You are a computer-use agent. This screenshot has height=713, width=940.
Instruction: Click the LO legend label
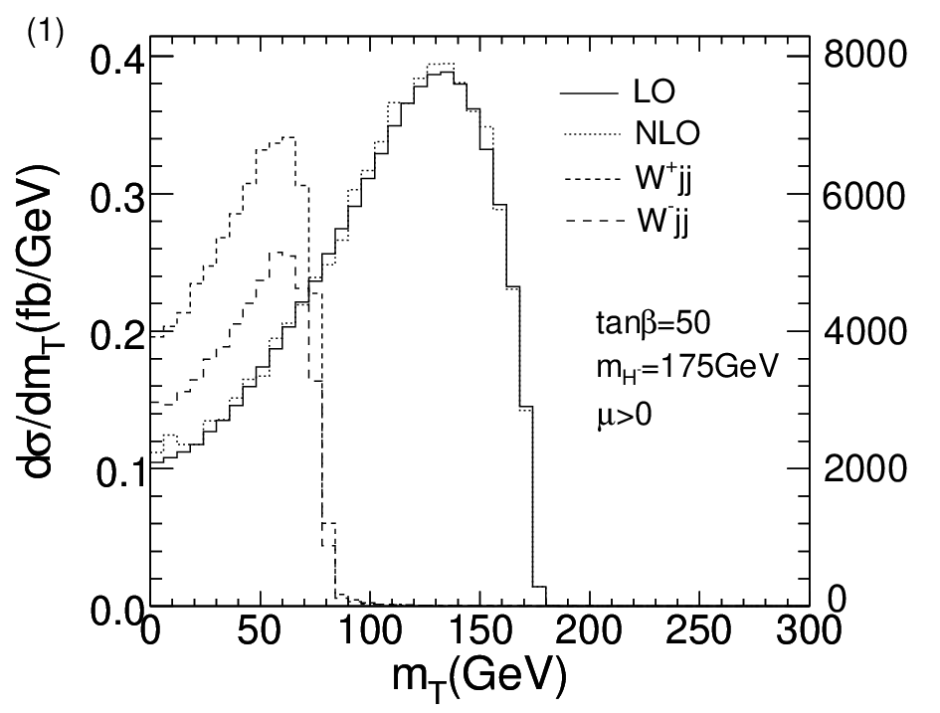(655, 91)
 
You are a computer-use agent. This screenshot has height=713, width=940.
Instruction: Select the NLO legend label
(667, 133)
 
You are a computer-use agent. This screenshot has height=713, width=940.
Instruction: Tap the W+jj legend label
(664, 179)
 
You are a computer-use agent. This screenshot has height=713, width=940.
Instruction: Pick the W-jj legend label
(662, 221)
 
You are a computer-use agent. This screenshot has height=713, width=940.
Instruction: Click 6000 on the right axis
(863, 195)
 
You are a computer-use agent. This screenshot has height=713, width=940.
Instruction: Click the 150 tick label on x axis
(479, 630)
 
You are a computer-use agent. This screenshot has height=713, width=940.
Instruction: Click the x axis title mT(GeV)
(479, 679)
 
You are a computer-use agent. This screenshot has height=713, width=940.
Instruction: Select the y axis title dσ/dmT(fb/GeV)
(41, 322)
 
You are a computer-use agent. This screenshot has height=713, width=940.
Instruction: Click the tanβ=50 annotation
(653, 323)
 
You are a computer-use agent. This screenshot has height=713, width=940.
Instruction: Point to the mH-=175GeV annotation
(686, 366)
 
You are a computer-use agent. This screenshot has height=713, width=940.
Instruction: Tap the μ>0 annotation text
(624, 415)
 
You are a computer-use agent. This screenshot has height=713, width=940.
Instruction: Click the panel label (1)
(45, 35)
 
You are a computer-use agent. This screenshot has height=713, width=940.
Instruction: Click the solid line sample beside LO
(589, 94)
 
